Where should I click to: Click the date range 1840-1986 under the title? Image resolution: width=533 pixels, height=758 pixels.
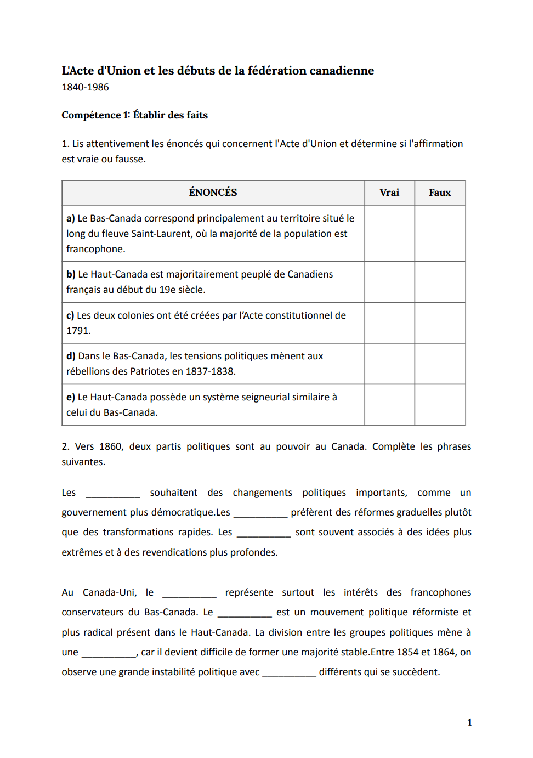[85, 87]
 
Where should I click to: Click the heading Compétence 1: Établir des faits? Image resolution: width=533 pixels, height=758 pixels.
[134, 115]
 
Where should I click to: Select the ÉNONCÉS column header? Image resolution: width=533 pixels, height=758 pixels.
[213, 193]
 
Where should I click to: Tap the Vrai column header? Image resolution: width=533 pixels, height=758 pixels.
[389, 193]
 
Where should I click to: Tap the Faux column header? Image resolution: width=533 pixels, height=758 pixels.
[440, 193]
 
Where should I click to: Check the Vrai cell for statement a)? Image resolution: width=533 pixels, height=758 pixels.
[389, 234]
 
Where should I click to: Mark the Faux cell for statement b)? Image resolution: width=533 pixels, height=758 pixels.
[440, 282]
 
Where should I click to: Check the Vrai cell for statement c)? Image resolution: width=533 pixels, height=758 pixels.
[389, 323]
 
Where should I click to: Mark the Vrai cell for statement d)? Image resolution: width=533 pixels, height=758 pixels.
[389, 364]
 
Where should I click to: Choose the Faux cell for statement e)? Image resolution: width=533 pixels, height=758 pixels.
[440, 405]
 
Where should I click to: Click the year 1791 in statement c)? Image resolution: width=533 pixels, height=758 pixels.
[77, 331]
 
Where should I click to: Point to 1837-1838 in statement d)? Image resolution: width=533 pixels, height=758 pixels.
[209, 371]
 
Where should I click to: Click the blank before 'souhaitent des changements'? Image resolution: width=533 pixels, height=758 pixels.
[113, 493]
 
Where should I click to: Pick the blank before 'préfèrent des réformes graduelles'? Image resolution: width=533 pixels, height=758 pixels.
[260, 513]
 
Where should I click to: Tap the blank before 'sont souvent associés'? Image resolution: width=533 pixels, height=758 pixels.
[264, 533]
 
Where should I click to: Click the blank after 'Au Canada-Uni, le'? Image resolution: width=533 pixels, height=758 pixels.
[189, 593]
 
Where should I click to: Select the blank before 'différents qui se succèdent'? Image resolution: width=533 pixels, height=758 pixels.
[289, 672]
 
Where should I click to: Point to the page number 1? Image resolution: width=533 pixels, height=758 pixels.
[469, 722]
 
